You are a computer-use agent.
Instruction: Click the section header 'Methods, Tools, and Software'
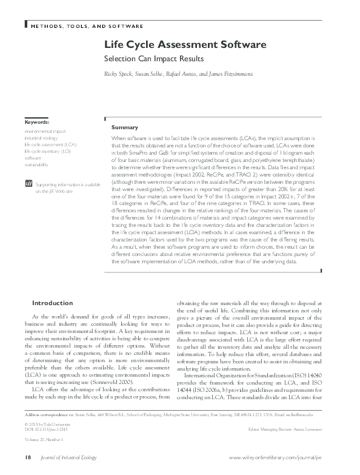coord(86,27)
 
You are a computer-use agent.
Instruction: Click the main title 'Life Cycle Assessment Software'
coord(185,45)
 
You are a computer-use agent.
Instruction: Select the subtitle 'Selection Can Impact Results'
coord(153,59)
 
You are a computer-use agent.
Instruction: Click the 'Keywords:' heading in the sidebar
coord(37,122)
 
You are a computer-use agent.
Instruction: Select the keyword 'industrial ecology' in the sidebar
coord(41,138)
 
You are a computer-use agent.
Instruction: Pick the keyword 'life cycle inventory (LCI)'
coord(48,151)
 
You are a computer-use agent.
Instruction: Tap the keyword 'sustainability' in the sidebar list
coord(37,164)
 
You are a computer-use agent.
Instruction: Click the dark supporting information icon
coord(27,183)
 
